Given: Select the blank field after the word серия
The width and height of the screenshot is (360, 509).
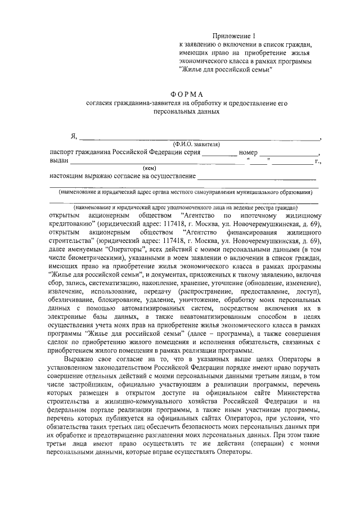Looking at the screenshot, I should click(219, 154).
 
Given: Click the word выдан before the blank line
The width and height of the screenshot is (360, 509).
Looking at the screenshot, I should click(58, 161).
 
